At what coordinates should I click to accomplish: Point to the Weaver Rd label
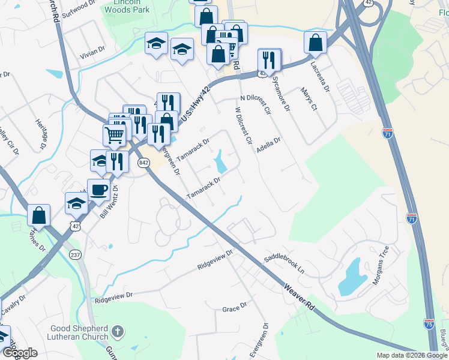(300, 298)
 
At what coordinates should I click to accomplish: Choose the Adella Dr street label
(268, 145)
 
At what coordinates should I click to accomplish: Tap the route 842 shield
(143, 163)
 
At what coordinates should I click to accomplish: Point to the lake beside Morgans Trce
(354, 280)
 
